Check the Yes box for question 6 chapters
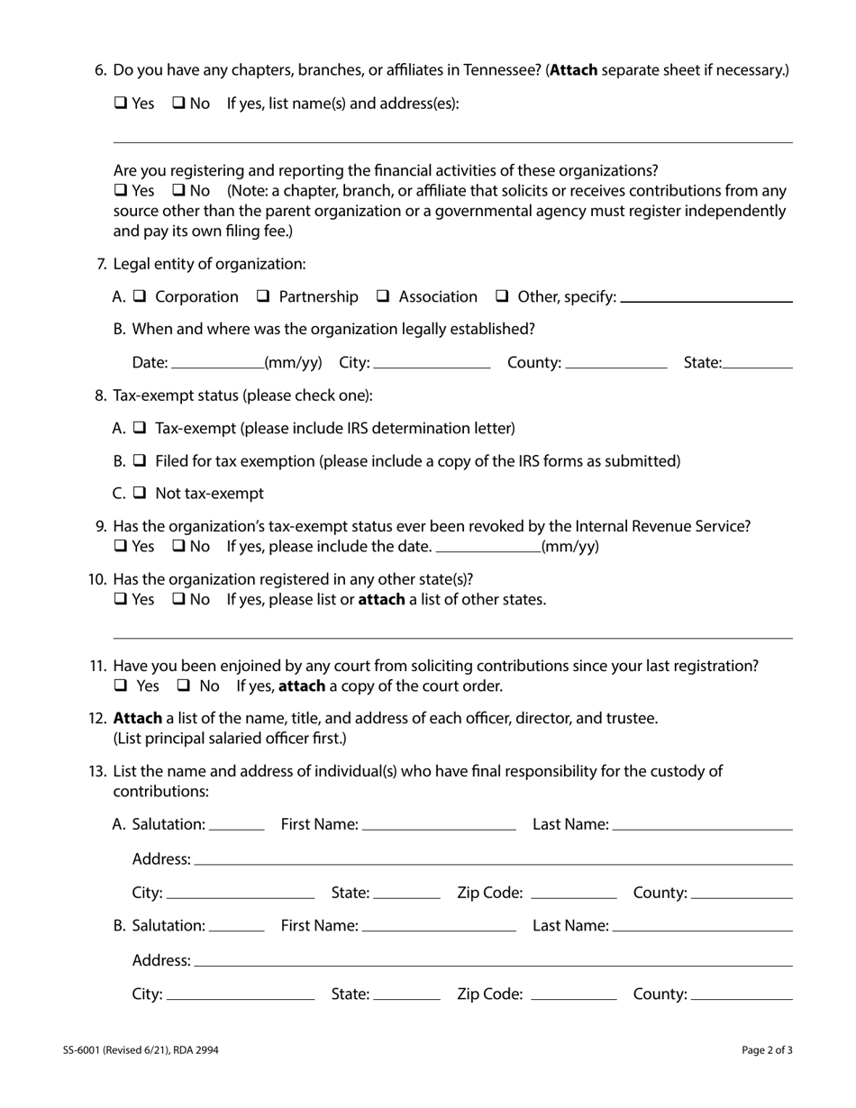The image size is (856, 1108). (x=120, y=104)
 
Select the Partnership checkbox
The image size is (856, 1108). (x=263, y=296)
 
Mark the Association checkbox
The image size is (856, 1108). (x=383, y=296)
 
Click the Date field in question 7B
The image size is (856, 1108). (x=216, y=362)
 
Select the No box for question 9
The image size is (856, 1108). (x=178, y=547)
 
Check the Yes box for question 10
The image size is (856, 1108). (x=120, y=600)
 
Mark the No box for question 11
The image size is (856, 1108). (x=183, y=686)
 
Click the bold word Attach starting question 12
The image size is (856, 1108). (x=137, y=718)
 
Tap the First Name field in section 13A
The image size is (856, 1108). (x=439, y=824)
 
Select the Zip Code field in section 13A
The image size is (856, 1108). (x=574, y=893)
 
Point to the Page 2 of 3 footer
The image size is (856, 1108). (x=767, y=1049)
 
